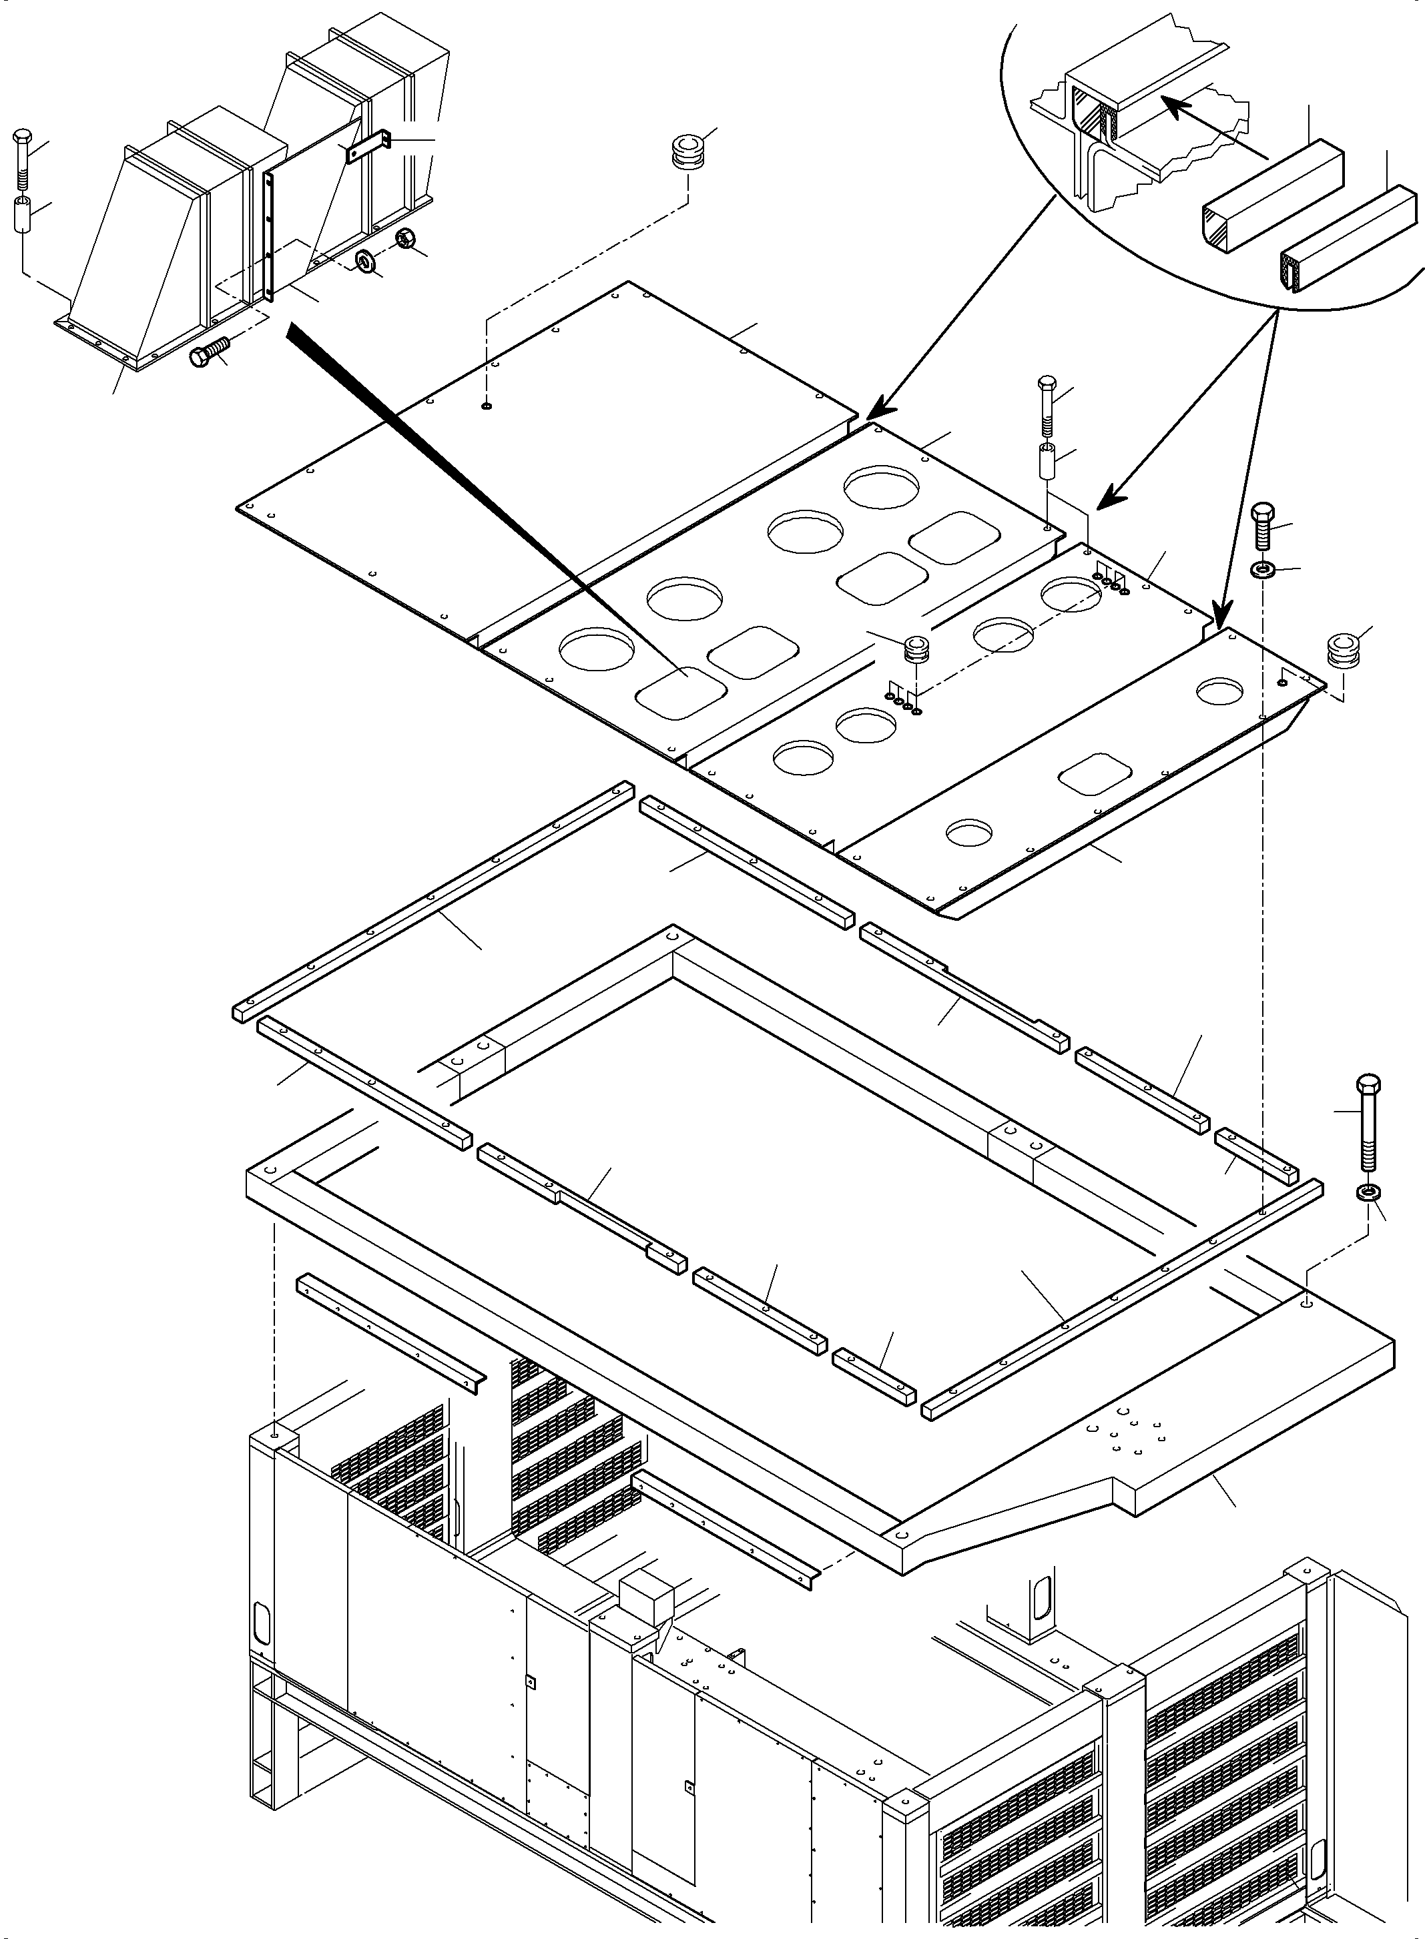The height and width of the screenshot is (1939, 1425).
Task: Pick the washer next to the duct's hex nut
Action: [x=368, y=262]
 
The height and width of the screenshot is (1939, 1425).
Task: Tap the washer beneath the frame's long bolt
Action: [x=1368, y=1192]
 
